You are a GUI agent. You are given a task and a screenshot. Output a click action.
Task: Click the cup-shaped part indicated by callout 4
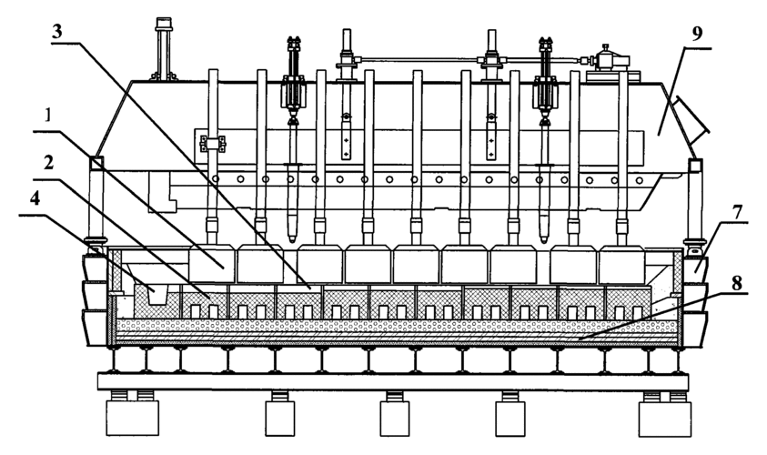154,294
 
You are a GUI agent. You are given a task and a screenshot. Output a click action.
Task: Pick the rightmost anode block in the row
620,265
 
